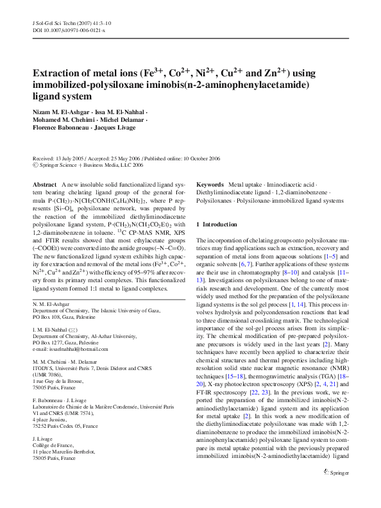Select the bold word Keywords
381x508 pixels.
coord(210,183)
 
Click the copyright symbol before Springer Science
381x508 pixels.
coord(35,164)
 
